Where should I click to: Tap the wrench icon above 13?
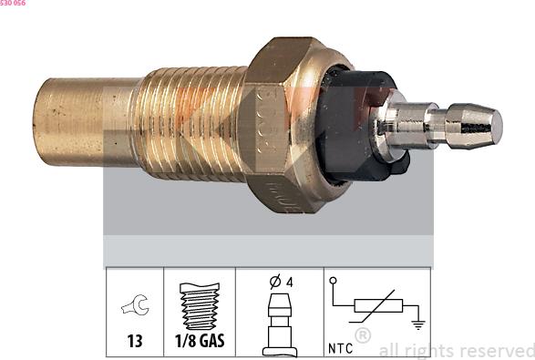coord(134,308)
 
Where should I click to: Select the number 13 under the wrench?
coord(134,343)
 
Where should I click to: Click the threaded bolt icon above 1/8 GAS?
coord(200,306)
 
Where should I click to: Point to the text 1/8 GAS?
coord(200,343)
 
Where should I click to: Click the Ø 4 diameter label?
coord(279,282)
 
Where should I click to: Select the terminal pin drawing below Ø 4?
coord(279,324)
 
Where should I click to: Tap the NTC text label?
coord(339,347)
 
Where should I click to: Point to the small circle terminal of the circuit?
coord(334,281)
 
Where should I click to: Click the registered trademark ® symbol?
coord(362,335)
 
